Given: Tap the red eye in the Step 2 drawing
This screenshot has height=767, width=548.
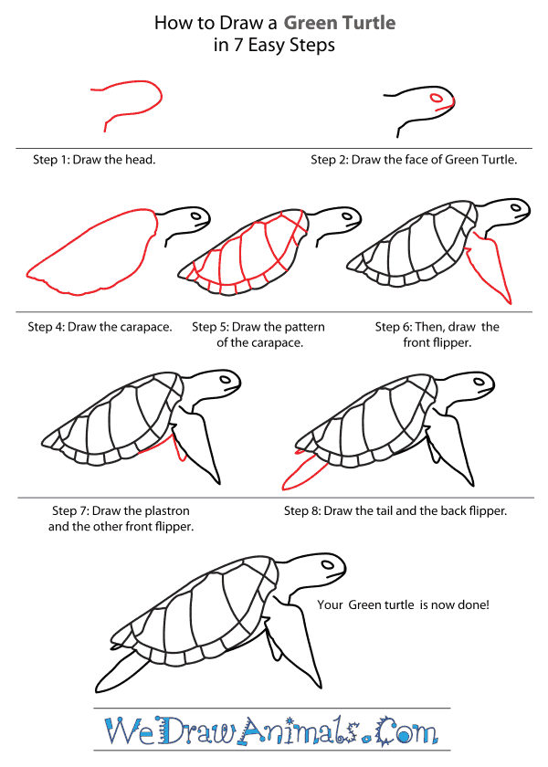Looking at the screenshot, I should pos(437,98).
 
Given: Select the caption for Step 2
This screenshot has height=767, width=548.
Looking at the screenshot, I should pos(414,160).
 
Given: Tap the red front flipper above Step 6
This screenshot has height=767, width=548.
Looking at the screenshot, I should pos(490,269).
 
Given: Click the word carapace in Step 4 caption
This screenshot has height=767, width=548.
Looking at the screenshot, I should pos(146,327).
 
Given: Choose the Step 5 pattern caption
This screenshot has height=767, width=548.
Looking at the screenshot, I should pos(258,335).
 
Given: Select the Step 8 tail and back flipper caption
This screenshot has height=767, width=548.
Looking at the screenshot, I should pos(395,510).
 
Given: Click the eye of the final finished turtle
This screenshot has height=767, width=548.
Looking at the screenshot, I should pos(325,563).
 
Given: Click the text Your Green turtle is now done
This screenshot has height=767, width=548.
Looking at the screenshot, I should pos(402,604).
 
